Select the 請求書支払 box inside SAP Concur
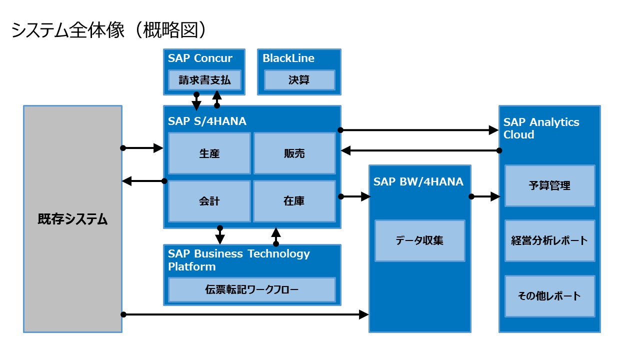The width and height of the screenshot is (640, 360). click(204, 80)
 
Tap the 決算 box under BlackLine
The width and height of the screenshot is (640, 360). click(299, 80)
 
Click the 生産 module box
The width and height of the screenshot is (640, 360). click(209, 153)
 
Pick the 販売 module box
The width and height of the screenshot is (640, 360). click(294, 153)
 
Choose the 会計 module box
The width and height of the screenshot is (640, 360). click(209, 201)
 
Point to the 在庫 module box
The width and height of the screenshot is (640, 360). click(294, 201)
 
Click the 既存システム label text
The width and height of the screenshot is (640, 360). click(72, 219)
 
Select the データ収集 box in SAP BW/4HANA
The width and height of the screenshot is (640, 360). click(419, 240)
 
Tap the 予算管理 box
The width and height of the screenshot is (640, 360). click(549, 185)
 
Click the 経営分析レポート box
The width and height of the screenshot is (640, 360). click(549, 240)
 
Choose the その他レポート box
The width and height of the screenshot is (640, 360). click(549, 295)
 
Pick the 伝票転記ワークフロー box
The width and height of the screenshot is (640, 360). click(251, 289)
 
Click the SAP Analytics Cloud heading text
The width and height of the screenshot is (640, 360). click(541, 128)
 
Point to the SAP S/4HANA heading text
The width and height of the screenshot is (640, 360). click(207, 121)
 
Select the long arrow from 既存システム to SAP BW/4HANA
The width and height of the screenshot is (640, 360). click(245, 314)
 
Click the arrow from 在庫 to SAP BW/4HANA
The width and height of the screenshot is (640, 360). click(354, 196)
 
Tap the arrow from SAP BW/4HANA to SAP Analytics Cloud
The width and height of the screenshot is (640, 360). click(484, 196)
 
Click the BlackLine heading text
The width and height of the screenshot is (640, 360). click(288, 58)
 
